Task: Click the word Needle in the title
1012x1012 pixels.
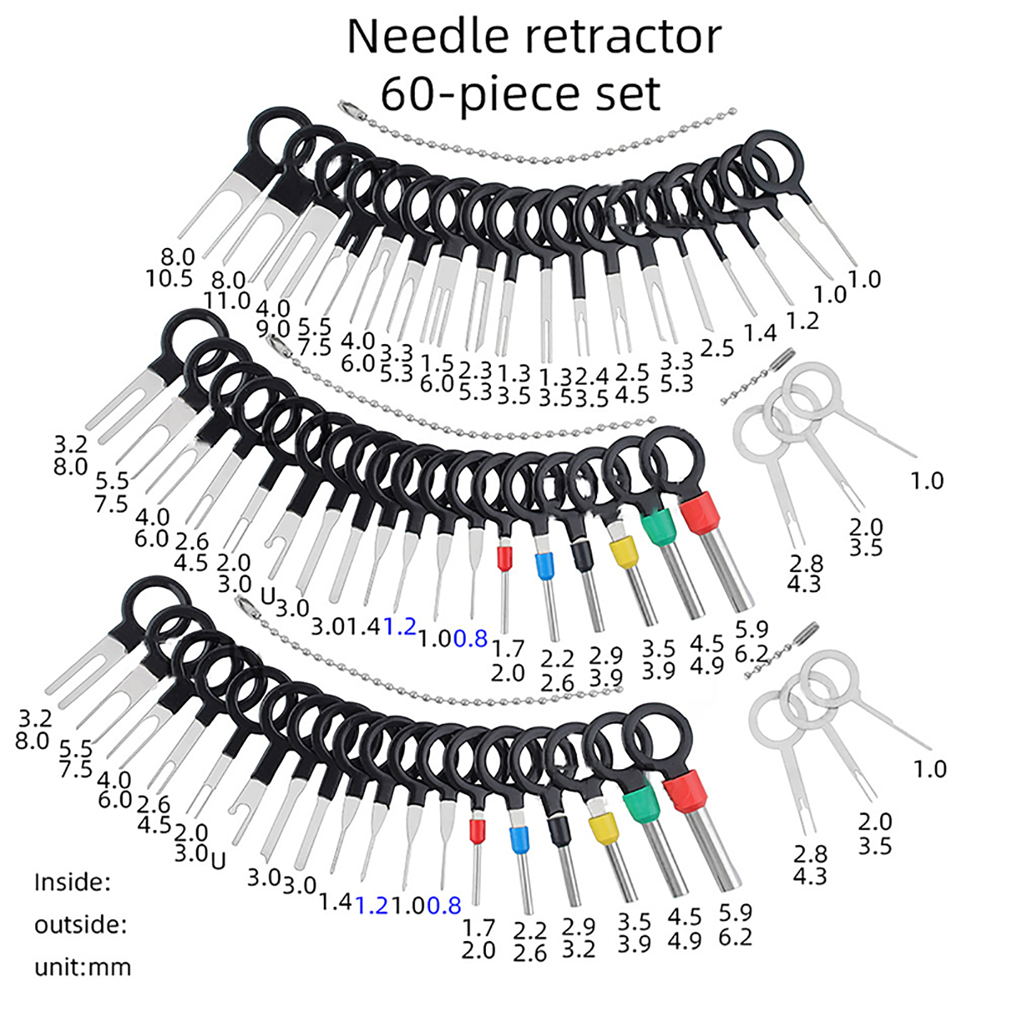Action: pyautogui.click(x=428, y=37)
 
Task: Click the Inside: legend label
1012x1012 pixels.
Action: pyautogui.click(x=72, y=882)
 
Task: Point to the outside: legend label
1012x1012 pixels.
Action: pyautogui.click(x=80, y=925)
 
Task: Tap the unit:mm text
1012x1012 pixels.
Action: pyautogui.click(x=83, y=967)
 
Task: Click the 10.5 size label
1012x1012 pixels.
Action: pyautogui.click(x=169, y=278)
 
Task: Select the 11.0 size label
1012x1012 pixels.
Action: pyautogui.click(x=227, y=300)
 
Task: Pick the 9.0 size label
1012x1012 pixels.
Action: pyautogui.click(x=273, y=329)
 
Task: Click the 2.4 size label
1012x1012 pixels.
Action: pyautogui.click(x=591, y=377)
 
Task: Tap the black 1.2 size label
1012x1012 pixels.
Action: pyautogui.click(x=802, y=321)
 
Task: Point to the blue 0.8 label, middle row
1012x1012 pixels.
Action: pyautogui.click(x=470, y=639)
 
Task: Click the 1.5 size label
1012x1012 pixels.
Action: pyautogui.click(x=437, y=363)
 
